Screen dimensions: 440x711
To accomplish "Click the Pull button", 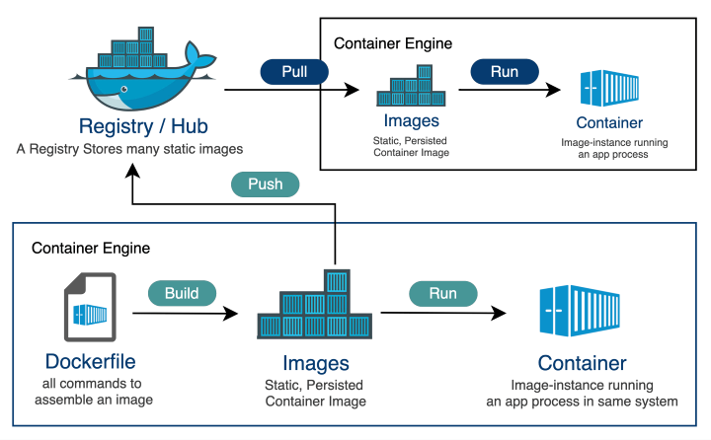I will pos(294,72).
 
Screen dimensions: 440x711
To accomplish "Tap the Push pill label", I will pos(264,184).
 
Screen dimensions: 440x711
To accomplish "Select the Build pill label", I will pos(182,293).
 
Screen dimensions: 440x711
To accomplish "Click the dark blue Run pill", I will pos(504,72).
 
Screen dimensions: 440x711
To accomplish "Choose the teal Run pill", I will pos(442,293).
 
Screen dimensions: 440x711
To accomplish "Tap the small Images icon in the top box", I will pos(410,87).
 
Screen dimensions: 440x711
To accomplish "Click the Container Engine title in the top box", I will pos(393,43).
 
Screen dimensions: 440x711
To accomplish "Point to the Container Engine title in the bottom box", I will pos(91,248).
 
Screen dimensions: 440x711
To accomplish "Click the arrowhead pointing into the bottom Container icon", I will pos(500,313).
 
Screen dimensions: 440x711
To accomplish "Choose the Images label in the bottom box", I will pos(315,363).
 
